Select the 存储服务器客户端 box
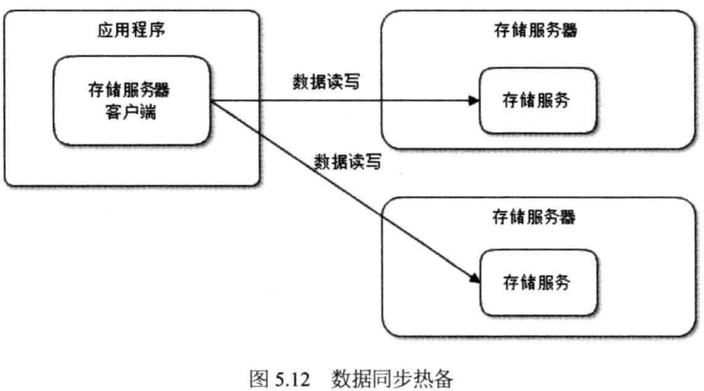point(132,100)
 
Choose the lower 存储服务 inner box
point(536,282)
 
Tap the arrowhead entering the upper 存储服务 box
point(475,101)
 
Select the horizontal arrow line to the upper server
point(340,101)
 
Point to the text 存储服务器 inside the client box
point(132,90)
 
